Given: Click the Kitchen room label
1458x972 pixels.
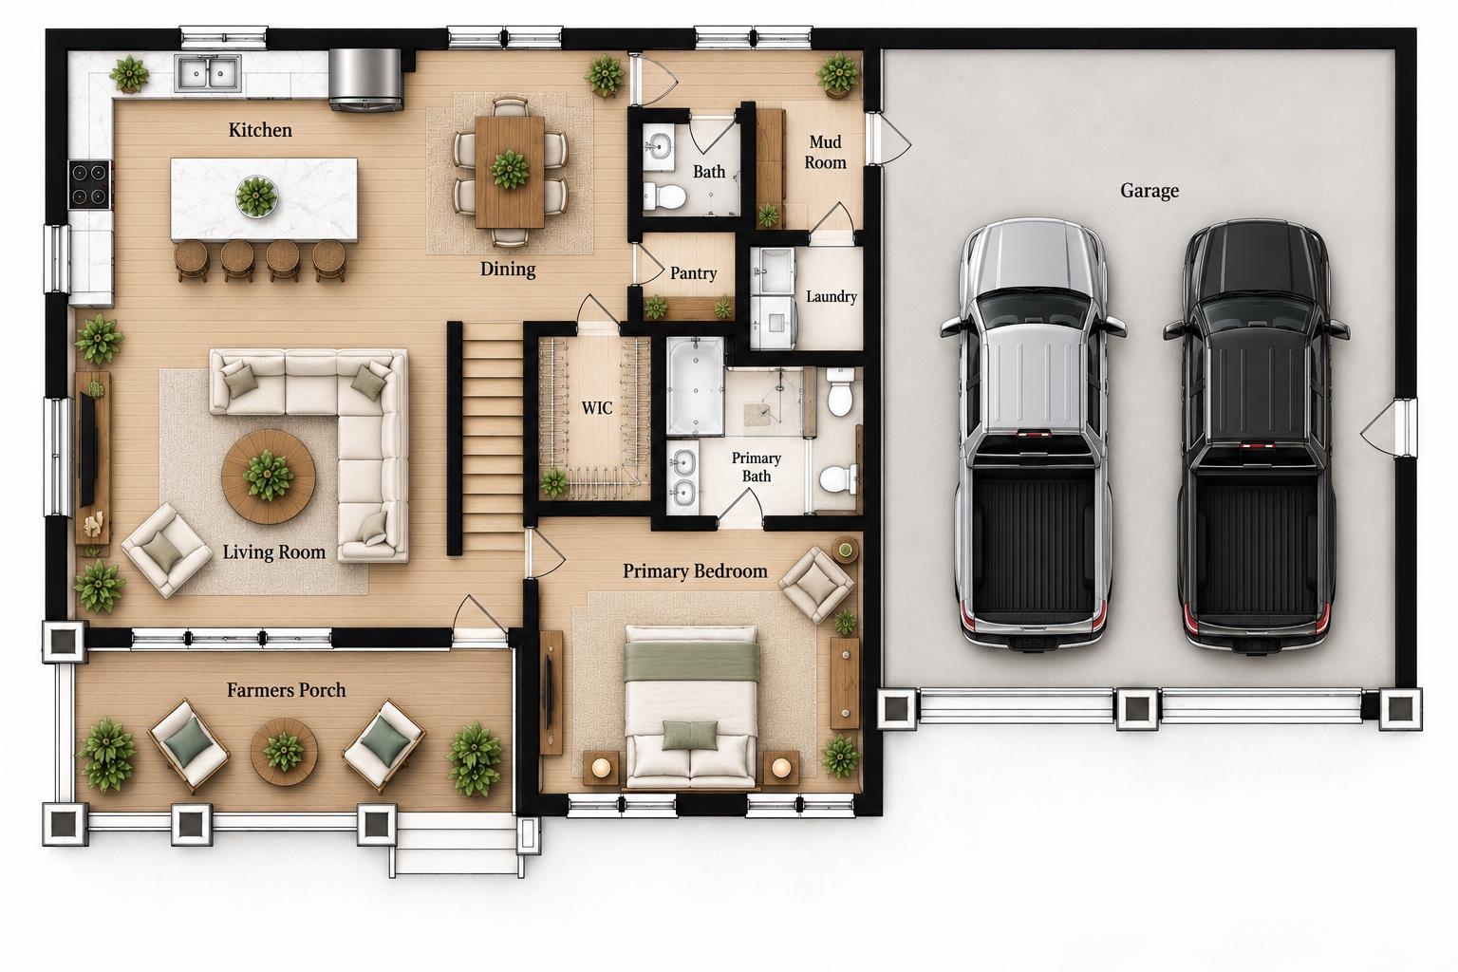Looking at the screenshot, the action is pos(260,130).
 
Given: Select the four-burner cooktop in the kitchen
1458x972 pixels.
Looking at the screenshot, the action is pos(90,184).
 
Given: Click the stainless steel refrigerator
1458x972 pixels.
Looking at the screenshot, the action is pos(365,80).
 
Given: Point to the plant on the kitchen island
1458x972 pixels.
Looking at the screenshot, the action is pos(256,196).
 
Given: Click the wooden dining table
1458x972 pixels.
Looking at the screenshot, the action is pos(510,171).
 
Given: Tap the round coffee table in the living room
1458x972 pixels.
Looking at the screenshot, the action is pos(269,476).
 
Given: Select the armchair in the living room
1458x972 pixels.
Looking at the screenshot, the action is pos(167,551).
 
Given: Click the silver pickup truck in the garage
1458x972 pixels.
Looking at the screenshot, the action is pos(1033,435).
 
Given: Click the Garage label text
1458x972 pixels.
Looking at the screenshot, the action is pos(1150,191).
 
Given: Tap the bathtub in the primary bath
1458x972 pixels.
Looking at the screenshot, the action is pos(695,385).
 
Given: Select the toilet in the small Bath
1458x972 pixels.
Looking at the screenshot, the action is pos(664,196).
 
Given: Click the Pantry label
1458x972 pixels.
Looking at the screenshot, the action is pos(693,272).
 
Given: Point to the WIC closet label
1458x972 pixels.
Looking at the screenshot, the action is pos(597,408).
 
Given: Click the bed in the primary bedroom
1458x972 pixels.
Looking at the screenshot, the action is pos(691,706).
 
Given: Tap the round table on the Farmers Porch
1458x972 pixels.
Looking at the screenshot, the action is pos(285,751).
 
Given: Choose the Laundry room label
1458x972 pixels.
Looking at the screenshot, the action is pos(832,297).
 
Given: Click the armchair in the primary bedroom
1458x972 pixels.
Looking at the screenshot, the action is pos(817,584).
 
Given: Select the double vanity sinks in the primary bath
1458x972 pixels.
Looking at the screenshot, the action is pos(682,478).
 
